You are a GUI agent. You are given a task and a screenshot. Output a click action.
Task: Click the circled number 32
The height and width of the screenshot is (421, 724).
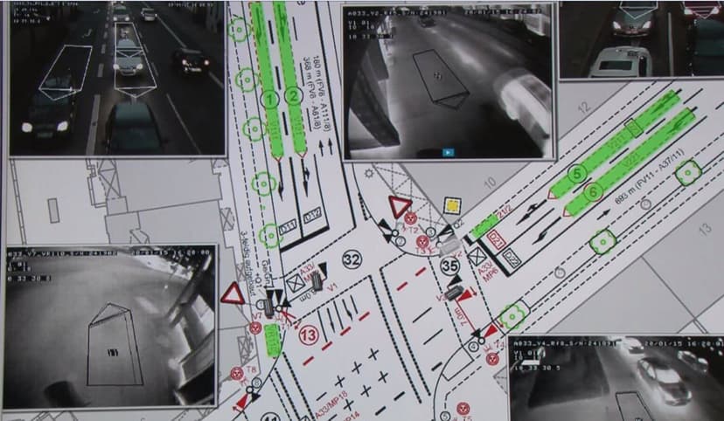(x=352, y=259)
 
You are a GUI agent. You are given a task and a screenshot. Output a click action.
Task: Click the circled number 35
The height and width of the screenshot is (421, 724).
(x=449, y=266)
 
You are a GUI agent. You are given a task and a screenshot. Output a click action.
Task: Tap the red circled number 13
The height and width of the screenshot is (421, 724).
(x=309, y=335)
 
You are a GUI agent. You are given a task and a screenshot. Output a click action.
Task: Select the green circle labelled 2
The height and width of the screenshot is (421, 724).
(x=293, y=97)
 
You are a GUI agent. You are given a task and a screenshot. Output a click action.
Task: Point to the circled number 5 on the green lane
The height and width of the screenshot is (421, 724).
(x=576, y=174)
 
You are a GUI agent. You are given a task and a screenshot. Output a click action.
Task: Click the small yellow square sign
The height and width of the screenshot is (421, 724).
(x=452, y=205)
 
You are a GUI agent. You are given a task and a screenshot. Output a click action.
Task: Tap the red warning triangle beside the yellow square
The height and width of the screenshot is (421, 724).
(x=400, y=209)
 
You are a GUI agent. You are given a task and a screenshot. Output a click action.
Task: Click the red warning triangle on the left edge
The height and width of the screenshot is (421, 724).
(x=233, y=293)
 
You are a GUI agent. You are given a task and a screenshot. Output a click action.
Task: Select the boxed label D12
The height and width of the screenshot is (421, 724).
(x=311, y=216)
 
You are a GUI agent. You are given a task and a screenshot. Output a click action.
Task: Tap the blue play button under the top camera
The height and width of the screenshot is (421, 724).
(x=448, y=151)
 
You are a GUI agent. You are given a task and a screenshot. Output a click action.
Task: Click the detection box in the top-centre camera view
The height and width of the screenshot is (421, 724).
(x=439, y=78)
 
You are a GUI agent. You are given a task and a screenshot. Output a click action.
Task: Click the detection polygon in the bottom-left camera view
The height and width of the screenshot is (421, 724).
(x=114, y=344)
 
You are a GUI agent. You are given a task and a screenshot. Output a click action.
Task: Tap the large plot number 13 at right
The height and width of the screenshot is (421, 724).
(x=705, y=229)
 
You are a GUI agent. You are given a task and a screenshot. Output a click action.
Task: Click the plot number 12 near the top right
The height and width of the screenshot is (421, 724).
(x=583, y=108)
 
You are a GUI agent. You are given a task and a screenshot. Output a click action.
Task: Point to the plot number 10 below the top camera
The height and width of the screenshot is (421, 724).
(x=489, y=183)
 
